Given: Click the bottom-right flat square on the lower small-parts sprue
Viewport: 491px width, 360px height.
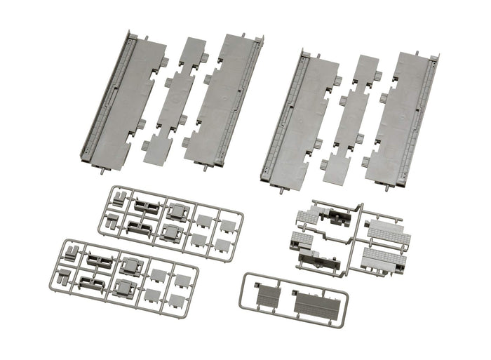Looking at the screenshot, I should click(177, 300).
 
